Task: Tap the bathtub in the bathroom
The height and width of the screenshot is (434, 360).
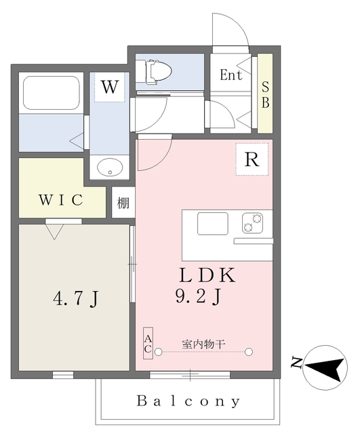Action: click(x=51, y=93)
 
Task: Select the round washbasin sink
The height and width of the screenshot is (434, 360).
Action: click(x=110, y=167)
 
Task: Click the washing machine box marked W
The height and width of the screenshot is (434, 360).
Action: click(x=110, y=87)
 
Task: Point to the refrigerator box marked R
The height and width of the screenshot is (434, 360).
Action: click(x=252, y=159)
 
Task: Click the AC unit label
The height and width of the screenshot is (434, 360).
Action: click(x=148, y=343)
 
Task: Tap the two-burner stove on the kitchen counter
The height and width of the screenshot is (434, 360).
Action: click(x=252, y=223)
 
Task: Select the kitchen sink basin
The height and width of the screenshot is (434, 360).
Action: click(x=212, y=224)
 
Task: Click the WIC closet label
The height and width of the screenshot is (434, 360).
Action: click(x=61, y=199)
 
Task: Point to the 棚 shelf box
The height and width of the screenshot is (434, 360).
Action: click(x=123, y=202)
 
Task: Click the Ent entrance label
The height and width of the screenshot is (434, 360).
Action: click(x=231, y=75)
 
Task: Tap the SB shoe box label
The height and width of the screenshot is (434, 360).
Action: click(x=265, y=95)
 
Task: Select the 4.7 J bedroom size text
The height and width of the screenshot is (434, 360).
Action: click(x=75, y=299)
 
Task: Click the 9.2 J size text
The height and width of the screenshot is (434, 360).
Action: click(x=198, y=296)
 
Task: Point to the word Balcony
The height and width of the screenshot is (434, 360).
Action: click(x=188, y=401)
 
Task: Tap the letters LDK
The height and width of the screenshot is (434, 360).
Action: click(x=207, y=275)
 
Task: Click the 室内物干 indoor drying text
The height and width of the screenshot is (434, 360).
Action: click(x=203, y=344)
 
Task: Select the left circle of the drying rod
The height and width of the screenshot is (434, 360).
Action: click(x=158, y=352)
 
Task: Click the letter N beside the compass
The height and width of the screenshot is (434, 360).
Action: click(x=296, y=363)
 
